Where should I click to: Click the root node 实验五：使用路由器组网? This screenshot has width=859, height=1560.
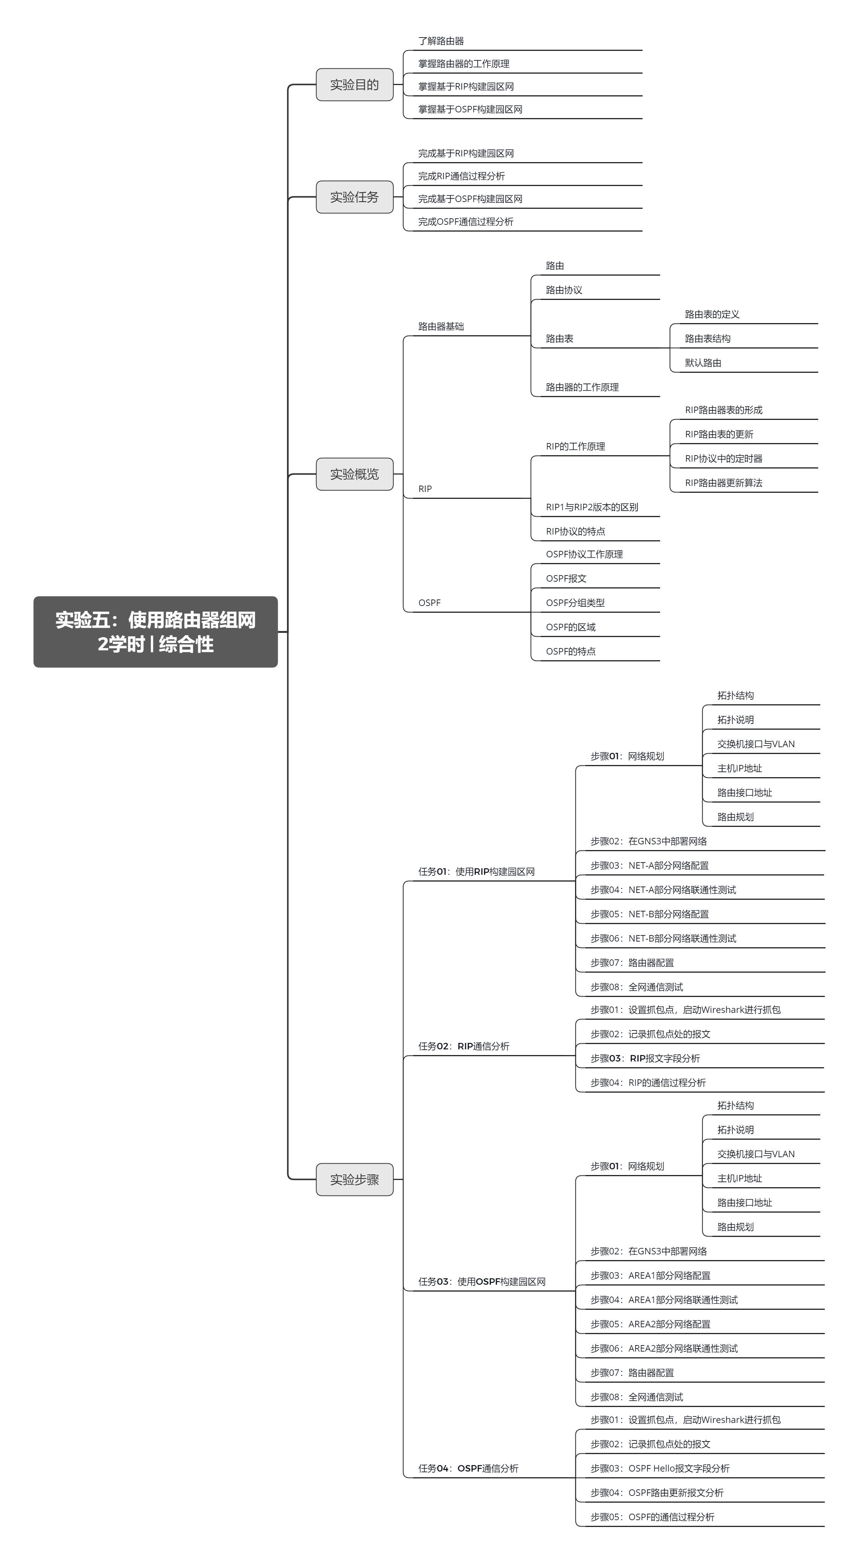(x=156, y=632)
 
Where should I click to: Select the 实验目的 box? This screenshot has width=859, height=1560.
(x=355, y=85)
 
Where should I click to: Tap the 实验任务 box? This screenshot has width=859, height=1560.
(x=355, y=197)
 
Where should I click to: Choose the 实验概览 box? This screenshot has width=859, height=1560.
(x=355, y=474)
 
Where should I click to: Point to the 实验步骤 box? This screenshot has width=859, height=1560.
(x=355, y=1179)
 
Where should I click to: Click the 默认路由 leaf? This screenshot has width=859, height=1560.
(x=703, y=363)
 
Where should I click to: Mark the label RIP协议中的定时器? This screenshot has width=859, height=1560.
(x=723, y=458)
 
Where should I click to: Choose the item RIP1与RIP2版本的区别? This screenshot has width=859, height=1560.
(x=592, y=507)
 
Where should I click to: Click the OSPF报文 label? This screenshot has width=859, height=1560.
(x=566, y=578)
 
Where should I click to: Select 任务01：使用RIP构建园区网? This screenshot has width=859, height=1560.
(x=476, y=871)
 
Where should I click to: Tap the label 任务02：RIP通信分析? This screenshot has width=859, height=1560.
(x=464, y=1046)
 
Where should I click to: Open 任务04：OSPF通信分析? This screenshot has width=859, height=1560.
(x=468, y=1468)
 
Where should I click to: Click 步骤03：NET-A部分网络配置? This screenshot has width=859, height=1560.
(x=649, y=865)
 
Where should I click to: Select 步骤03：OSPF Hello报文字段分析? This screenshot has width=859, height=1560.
(x=660, y=1468)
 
